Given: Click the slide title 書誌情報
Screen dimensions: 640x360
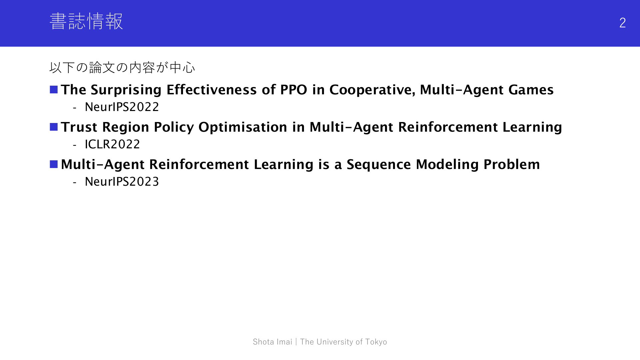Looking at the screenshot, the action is pyautogui.click(x=86, y=21).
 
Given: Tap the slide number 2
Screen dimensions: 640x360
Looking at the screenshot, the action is pyautogui.click(x=622, y=23).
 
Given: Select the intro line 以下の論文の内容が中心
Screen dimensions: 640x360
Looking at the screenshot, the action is pyautogui.click(x=122, y=68).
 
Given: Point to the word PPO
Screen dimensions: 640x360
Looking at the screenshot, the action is pyautogui.click(x=294, y=90).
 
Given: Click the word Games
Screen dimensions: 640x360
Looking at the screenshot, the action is pyautogui.click(x=531, y=90).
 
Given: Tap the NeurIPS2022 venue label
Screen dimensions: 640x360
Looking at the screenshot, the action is pyautogui.click(x=122, y=107).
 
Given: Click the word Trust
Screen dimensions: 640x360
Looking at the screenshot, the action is pyautogui.click(x=79, y=127).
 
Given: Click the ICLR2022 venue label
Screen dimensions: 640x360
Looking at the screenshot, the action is pyautogui.click(x=112, y=144).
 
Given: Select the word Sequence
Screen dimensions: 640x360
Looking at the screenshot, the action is pyautogui.click(x=379, y=165).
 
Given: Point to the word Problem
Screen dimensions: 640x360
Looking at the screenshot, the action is pyautogui.click(x=512, y=164).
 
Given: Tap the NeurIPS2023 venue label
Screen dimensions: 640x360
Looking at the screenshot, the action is pyautogui.click(x=122, y=182).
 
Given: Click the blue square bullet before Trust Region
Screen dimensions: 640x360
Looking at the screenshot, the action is pyautogui.click(x=54, y=127).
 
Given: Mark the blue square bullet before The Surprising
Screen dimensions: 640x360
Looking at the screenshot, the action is pyautogui.click(x=54, y=90).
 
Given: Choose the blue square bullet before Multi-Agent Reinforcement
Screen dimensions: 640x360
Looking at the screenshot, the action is pyautogui.click(x=54, y=164).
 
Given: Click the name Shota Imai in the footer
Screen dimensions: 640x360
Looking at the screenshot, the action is pyautogui.click(x=272, y=342).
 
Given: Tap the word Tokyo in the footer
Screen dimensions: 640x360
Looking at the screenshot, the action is pyautogui.click(x=376, y=342).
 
